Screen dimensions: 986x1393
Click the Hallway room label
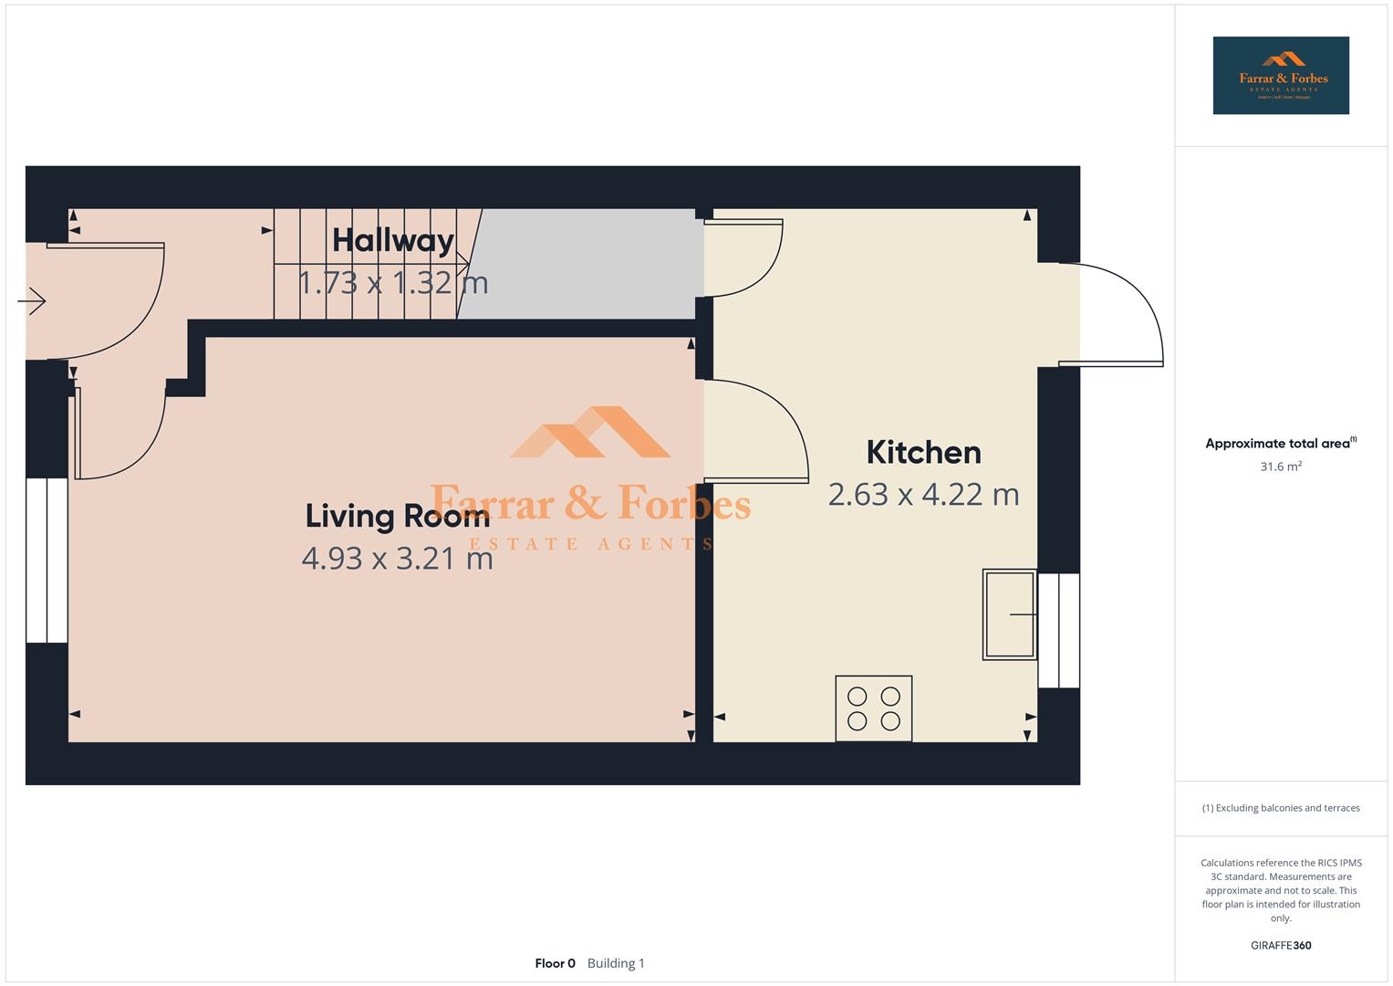tap(393, 240)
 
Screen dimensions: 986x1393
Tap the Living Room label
tap(397, 516)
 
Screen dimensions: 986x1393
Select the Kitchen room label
tap(923, 452)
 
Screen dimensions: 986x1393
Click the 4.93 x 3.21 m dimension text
tap(397, 558)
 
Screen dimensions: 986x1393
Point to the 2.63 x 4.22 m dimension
tap(923, 494)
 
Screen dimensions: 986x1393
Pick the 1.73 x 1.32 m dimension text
tap(393, 282)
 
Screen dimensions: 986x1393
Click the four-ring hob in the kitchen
tap(874, 708)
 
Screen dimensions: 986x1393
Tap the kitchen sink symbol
tap(1009, 614)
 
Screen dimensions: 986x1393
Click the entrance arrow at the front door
tap(32, 300)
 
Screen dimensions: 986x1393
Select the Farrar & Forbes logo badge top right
tap(1281, 76)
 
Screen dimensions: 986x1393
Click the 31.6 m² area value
tap(1281, 467)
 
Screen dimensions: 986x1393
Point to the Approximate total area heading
tap(1280, 444)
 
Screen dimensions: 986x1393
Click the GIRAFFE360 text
tap(1281, 946)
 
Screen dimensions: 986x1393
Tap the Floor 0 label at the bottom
tap(555, 963)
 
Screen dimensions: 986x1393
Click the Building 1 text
tap(616, 963)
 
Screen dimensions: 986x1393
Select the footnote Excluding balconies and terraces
tap(1281, 808)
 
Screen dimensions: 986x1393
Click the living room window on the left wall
tap(47, 560)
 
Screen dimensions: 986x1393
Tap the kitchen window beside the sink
tap(1059, 630)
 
